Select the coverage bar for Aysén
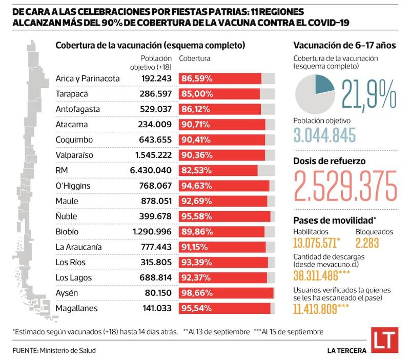coord(226,293)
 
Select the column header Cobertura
coord(195,58)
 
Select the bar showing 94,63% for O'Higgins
coord(226,186)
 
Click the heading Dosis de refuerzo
coord(329,161)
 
